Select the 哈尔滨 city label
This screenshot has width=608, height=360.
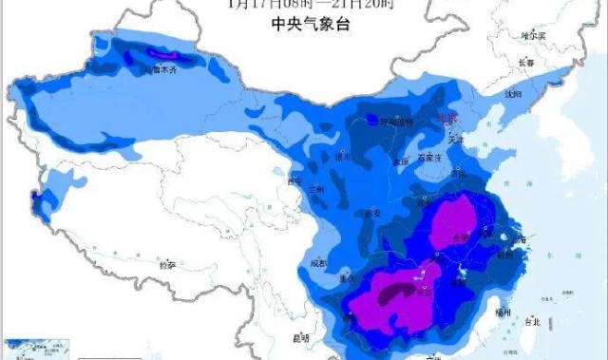[x=535, y=35]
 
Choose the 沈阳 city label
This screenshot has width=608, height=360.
[x=513, y=94]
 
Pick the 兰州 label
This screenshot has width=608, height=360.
[x=316, y=190]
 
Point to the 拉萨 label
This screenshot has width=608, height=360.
[x=167, y=265]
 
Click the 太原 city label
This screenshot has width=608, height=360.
[x=402, y=161]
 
